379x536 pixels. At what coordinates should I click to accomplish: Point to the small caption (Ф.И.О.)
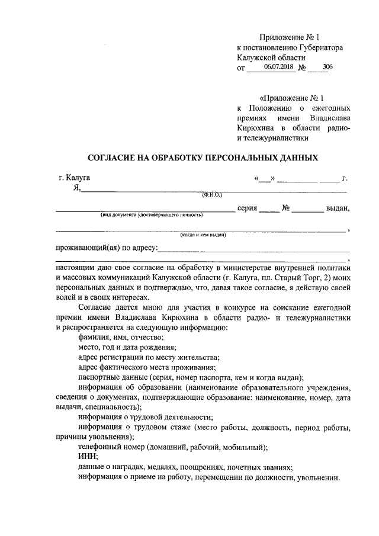(211, 194)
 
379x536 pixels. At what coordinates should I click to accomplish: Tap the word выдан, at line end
(338, 208)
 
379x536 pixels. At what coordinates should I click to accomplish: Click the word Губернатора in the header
(319, 47)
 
